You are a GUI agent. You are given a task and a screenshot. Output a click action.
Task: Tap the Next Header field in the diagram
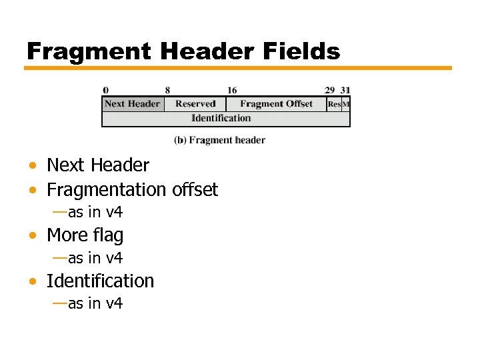tap(132, 104)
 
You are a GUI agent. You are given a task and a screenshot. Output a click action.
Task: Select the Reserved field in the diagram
tap(195, 104)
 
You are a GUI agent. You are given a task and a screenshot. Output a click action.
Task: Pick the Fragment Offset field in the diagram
tap(276, 104)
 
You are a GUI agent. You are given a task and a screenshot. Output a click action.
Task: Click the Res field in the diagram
tap(334, 105)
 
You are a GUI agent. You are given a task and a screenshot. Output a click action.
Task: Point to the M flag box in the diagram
tap(346, 105)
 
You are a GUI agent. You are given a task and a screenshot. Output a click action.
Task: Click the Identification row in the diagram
tap(221, 119)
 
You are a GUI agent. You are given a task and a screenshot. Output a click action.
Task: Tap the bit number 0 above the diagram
tap(105, 91)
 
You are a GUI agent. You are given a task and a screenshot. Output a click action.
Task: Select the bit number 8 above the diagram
tap(167, 91)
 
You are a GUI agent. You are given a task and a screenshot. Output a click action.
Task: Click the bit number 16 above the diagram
tap(231, 91)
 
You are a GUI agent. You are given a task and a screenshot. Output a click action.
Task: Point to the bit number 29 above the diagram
tap(329, 91)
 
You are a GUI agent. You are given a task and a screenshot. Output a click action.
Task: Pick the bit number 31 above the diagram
tap(345, 91)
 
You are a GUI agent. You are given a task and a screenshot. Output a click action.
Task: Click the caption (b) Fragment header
tap(219, 140)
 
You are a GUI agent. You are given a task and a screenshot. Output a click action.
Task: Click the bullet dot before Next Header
tap(32, 165)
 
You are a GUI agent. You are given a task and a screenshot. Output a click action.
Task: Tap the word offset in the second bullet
tap(195, 190)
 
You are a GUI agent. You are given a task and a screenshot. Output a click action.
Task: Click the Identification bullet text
tap(100, 281)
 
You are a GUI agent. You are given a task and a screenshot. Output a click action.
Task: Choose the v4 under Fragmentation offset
tap(114, 213)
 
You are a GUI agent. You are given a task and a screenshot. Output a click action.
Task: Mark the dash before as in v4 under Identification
tap(59, 303)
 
